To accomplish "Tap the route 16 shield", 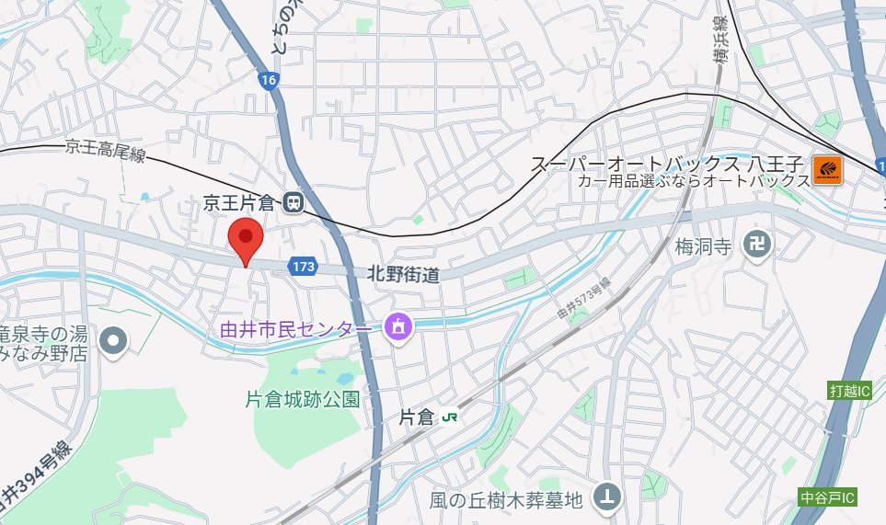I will pos(268,81).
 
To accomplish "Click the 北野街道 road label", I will pos(402,273).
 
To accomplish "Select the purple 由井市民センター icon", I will pos(397,325).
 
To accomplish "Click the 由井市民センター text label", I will pos(296,328).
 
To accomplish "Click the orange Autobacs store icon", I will pos(827,168).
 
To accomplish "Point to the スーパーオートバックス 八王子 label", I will pos(669,165).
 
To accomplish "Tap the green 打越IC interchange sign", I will pos(849,391).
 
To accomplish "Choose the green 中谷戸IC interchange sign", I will pos(827,498).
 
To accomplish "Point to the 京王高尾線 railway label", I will pos(106,152).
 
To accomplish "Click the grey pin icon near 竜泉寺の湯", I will pos(114,341).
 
